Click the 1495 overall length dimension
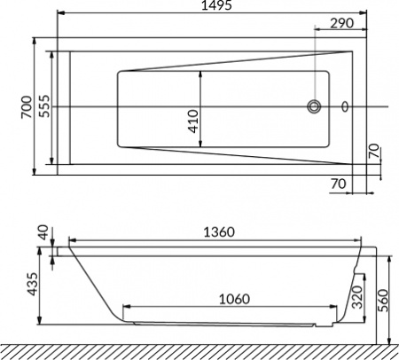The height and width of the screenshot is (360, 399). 216,7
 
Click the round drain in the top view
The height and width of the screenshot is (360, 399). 313,107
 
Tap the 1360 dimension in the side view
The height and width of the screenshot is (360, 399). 216,232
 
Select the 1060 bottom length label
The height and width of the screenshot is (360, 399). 229,299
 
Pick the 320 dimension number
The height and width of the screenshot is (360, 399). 356,297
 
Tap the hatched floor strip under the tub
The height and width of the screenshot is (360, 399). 199,351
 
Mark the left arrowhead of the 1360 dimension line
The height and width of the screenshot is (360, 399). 74,239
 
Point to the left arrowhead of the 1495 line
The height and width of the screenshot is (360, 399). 61,14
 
